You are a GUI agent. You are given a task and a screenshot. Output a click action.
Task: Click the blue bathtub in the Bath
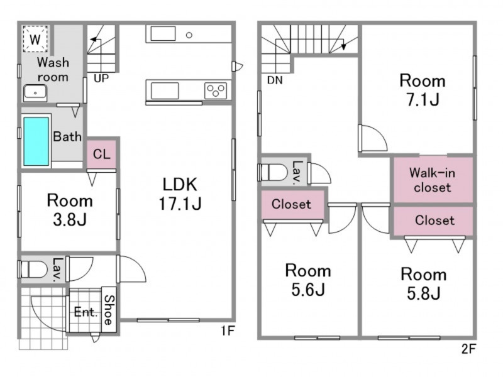[36, 141]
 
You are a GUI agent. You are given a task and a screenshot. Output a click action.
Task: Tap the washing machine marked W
[35, 39]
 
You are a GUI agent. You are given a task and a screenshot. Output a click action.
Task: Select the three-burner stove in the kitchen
[216, 90]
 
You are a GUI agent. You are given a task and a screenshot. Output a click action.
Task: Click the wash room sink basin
[35, 92]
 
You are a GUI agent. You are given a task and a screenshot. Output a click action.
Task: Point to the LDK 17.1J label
[180, 194]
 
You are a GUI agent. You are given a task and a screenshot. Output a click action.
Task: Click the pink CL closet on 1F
[101, 154]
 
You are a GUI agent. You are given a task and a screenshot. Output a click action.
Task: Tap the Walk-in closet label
[433, 180]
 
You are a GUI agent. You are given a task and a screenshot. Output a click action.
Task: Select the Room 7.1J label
[423, 90]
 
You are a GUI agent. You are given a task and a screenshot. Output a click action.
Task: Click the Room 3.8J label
[70, 210]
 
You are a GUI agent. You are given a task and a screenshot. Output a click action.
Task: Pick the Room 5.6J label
[308, 280]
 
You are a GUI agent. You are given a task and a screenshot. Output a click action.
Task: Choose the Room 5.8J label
[423, 284]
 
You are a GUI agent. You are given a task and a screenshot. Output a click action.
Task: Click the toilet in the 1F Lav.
[33, 270]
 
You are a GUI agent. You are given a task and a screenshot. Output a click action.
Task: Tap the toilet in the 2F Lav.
[274, 172]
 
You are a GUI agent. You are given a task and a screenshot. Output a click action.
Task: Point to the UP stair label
[101, 78]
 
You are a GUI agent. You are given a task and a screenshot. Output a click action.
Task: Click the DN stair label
[275, 80]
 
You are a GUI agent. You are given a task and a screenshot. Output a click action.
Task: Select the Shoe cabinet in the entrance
[109, 310]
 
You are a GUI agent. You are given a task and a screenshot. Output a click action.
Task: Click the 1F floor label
[228, 331]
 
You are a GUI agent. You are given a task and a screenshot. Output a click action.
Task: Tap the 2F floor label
[468, 349]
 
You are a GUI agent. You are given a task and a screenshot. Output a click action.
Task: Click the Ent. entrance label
[86, 312]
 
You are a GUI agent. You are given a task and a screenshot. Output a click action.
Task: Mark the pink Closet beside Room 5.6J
[292, 205]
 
